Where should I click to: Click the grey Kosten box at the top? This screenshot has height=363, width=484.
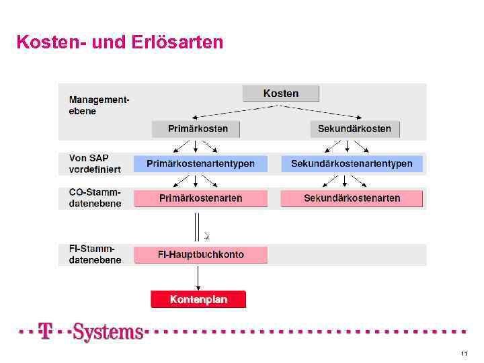tap(281, 93)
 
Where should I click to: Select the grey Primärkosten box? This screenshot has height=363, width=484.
tap(196, 128)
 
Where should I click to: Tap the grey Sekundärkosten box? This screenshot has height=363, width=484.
tap(354, 128)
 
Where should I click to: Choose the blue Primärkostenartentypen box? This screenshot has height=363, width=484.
tap(200, 163)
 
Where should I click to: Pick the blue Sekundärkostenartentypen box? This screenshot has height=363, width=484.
tap(352, 163)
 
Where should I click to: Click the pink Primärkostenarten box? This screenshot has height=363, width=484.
tap(200, 198)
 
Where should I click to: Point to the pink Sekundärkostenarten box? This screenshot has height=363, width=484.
tap(352, 198)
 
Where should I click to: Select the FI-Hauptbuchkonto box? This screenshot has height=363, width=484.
tap(200, 255)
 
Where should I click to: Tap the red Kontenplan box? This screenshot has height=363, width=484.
tap(198, 299)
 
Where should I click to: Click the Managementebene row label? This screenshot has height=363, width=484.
tap(99, 106)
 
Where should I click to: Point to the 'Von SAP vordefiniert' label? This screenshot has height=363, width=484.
tap(95, 163)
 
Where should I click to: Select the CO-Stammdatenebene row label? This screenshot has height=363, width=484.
tap(95, 198)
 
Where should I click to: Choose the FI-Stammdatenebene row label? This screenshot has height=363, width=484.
tap(95, 254)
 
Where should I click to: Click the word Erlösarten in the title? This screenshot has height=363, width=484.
tap(179, 42)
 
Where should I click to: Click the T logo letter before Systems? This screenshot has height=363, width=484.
tap(46, 331)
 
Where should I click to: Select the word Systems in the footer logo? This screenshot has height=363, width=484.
tap(108, 331)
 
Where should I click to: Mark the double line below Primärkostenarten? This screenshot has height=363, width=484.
tap(197, 225)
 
